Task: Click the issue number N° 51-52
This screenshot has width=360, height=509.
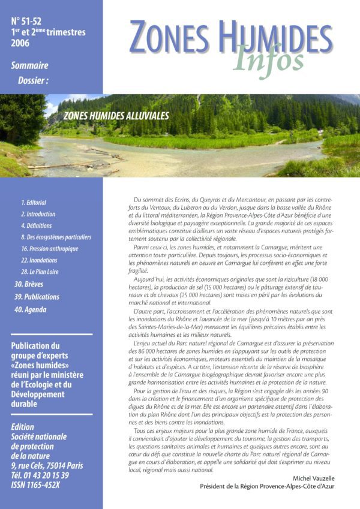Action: coord(28,21)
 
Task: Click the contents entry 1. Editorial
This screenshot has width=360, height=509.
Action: coord(34,203)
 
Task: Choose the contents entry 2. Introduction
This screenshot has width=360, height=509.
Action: coord(38,214)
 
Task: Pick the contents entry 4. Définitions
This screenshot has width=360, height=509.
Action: coord(36,225)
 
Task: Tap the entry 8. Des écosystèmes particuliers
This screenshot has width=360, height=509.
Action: coord(56,237)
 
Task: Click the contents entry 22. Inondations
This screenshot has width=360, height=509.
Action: coord(39,260)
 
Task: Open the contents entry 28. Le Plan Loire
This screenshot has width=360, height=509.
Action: coord(40,272)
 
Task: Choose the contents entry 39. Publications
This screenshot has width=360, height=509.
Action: coord(37,297)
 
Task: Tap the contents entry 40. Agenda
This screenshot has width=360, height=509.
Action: coord(30,309)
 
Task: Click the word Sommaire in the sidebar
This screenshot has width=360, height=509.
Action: coord(30,66)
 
